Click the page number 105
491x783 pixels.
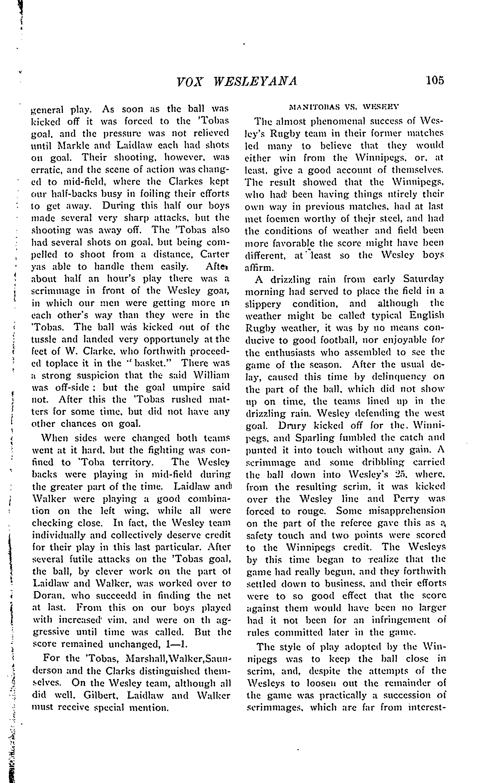[x=435, y=80]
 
